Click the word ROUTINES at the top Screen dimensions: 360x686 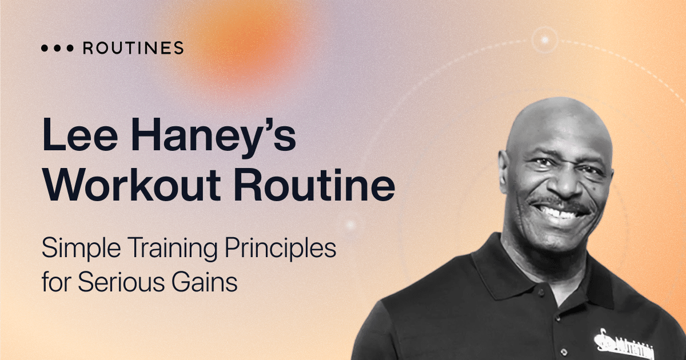(133, 48)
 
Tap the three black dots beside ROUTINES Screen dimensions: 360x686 (57, 49)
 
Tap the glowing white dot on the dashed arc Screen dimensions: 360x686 (544, 40)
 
